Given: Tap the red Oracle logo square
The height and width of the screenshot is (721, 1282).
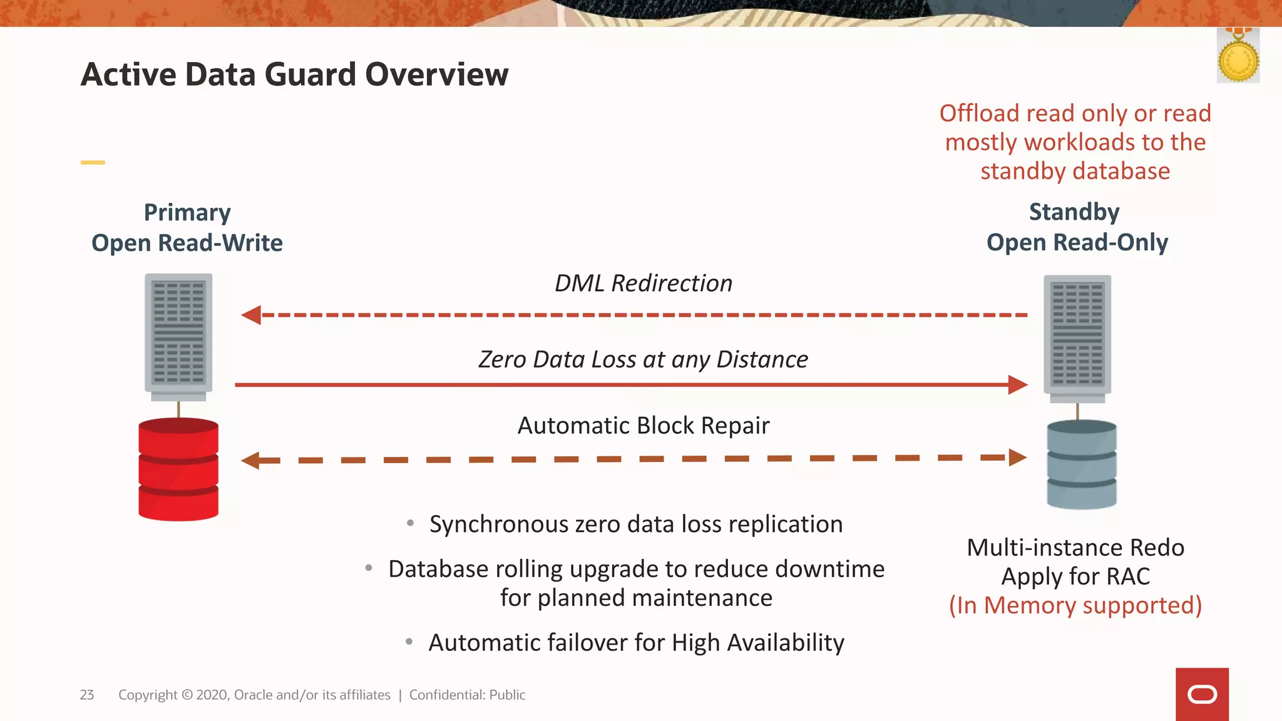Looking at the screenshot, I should [x=1202, y=694].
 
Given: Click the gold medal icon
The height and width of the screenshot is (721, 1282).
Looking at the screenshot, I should [x=1238, y=59].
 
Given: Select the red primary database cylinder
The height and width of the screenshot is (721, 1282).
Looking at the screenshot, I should [x=178, y=469].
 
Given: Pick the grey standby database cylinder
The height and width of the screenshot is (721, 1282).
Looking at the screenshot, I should [x=1081, y=464].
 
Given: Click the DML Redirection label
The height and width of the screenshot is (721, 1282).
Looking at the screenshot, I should [x=643, y=284].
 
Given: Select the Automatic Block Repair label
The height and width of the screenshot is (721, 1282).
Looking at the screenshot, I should [x=643, y=426].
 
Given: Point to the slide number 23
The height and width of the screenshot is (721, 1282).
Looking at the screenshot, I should [x=87, y=695].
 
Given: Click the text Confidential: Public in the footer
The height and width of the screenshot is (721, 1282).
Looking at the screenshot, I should [x=467, y=695].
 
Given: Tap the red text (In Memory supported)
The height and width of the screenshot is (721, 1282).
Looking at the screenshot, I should [x=1075, y=605].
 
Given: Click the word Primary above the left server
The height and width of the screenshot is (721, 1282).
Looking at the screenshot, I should [x=187, y=213].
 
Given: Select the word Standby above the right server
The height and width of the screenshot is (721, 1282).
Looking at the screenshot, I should [x=1074, y=212].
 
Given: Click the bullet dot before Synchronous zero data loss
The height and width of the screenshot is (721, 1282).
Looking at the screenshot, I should [x=411, y=523].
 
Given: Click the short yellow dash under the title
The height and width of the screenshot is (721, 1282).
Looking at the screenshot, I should [x=93, y=163].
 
